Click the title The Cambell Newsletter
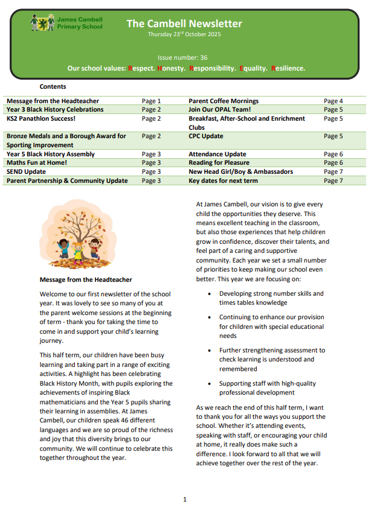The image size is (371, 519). [x=184, y=24]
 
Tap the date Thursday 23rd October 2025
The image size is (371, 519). [x=184, y=34]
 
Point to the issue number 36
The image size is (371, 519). [x=204, y=57]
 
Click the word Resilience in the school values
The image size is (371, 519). [x=288, y=68]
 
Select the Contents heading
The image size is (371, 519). [x=53, y=87]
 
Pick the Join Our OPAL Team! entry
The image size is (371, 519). [x=219, y=110]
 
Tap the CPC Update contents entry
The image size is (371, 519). [x=206, y=136]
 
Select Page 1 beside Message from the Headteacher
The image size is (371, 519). [x=151, y=101]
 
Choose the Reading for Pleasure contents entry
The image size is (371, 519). [x=218, y=163]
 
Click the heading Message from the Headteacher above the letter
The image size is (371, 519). [x=85, y=280]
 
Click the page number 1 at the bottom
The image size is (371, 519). [x=185, y=500]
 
